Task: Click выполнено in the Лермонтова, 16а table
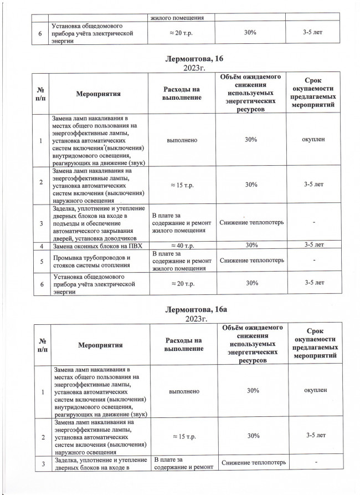point(183,391)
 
